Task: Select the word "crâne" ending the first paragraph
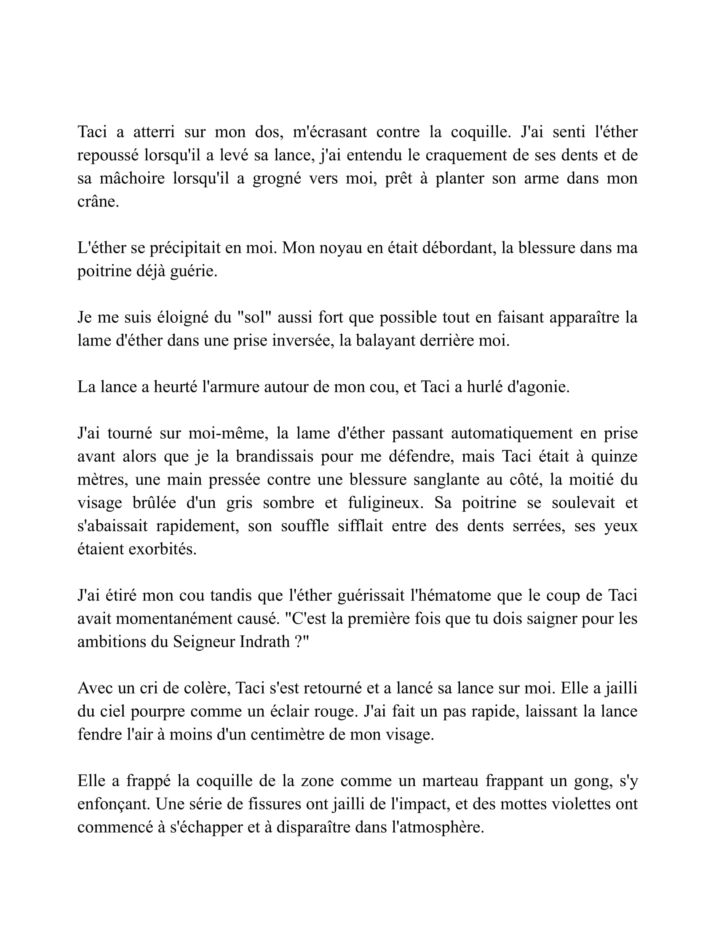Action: [x=97, y=202]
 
